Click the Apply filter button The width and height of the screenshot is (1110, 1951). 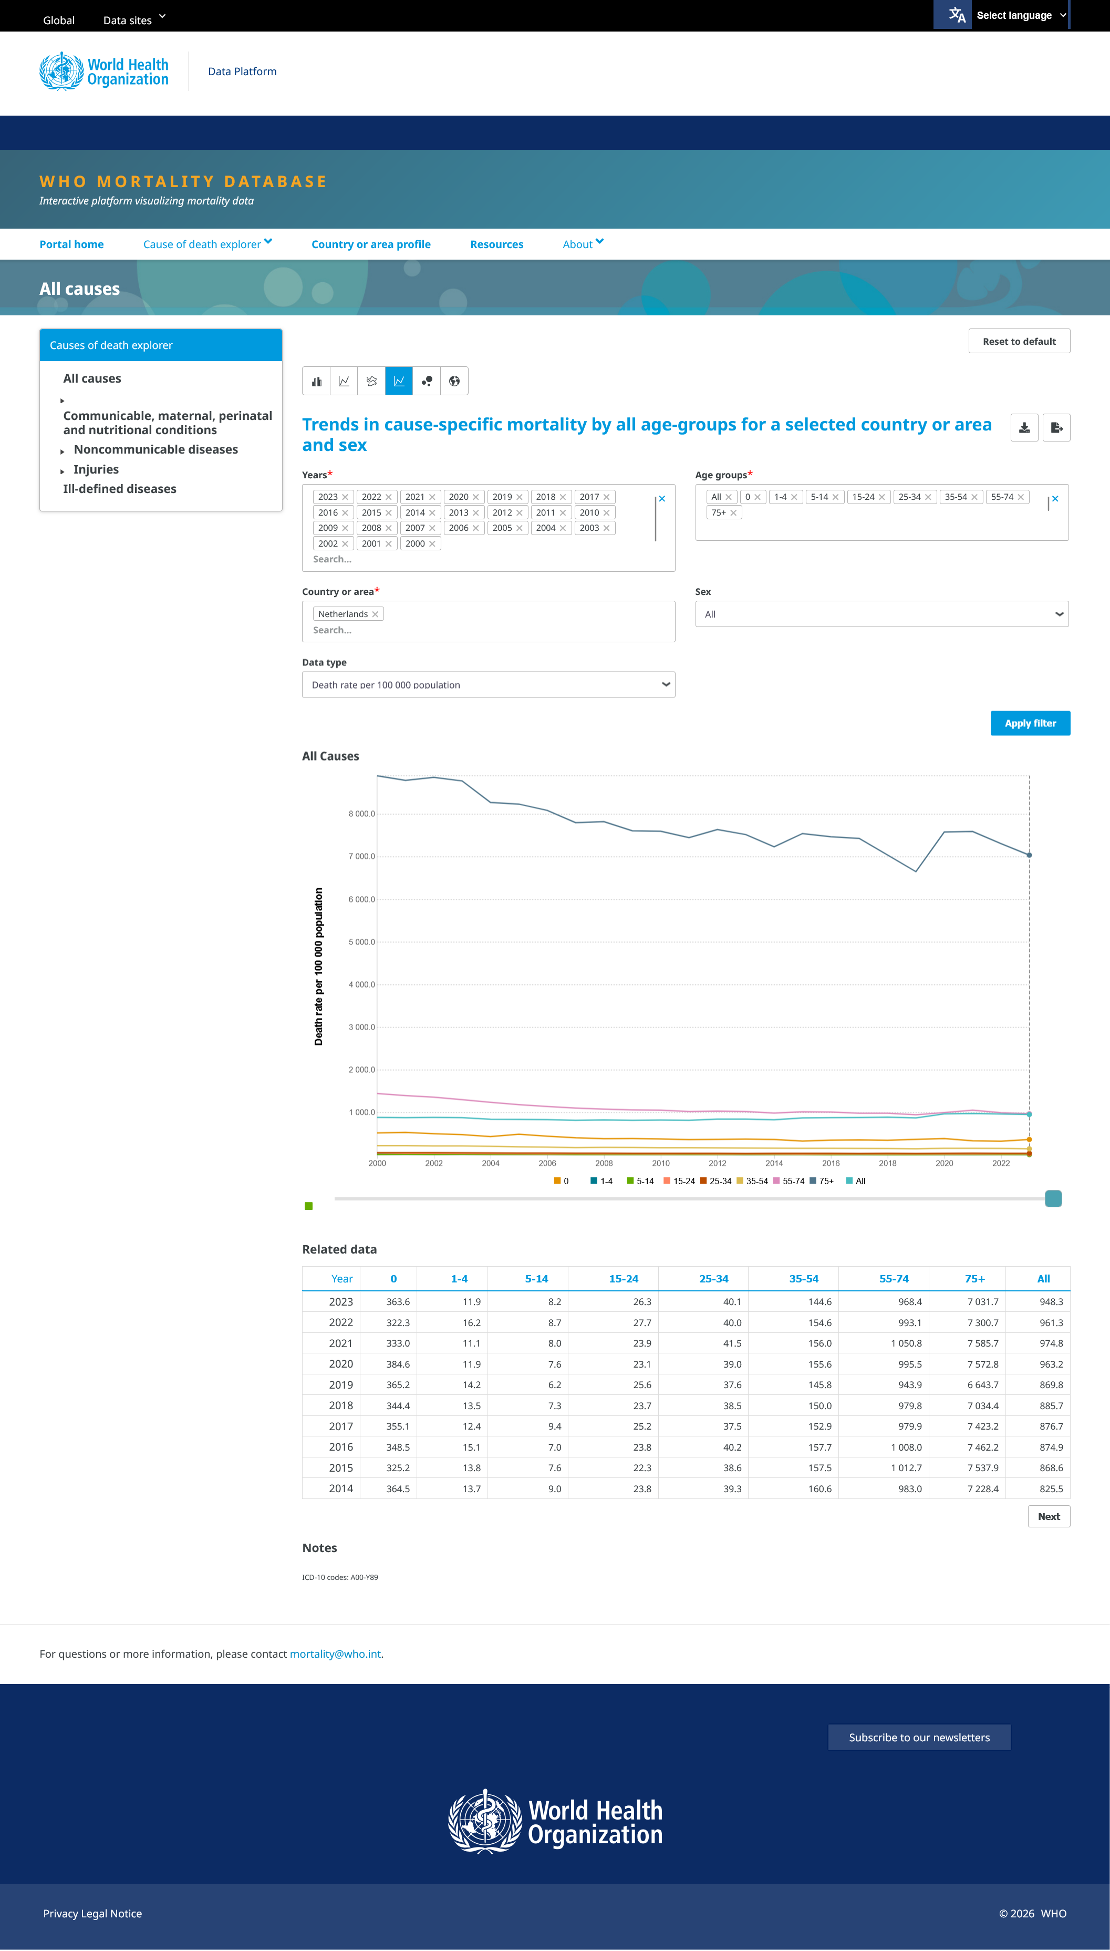(1030, 723)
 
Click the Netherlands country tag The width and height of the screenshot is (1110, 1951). (343, 614)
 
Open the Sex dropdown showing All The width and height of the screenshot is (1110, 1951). (881, 614)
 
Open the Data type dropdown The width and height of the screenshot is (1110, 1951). (489, 685)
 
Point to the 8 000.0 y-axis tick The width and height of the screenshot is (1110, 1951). (361, 814)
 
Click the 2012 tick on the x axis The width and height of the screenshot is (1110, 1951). (718, 1163)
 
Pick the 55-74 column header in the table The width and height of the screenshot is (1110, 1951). (894, 1279)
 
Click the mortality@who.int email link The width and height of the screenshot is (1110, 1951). (336, 1655)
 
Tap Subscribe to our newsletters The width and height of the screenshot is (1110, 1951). (919, 1738)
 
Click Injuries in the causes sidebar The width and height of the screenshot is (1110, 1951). (96, 470)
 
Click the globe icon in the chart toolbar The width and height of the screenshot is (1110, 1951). (454, 382)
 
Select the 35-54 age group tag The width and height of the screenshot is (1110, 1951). (956, 497)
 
